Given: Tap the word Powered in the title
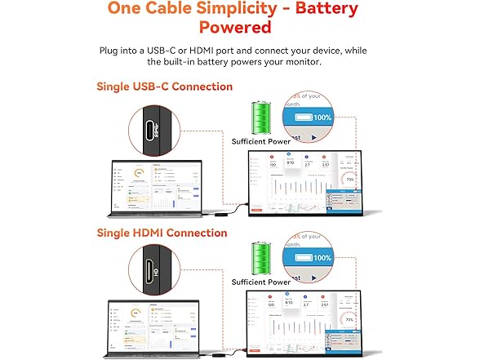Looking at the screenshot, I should pos(239,29).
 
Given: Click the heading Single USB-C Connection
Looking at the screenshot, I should pos(164,87).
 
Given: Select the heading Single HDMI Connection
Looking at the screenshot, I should pos(162,233).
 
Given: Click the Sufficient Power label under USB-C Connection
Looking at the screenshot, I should pos(260,140).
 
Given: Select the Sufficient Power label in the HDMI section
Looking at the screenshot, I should pos(260,282).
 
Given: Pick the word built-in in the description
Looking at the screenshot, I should pos(189,62).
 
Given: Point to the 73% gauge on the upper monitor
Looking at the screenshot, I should pos(350,178).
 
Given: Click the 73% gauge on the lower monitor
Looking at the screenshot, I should pos(349,319).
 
